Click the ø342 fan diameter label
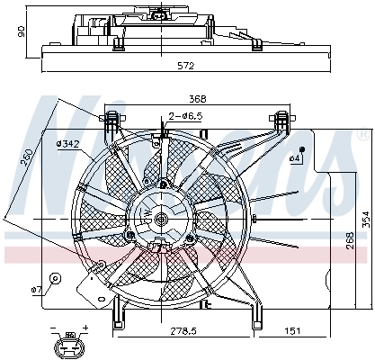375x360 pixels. point(67,144)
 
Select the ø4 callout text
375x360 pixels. point(294,158)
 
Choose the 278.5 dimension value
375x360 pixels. point(185,332)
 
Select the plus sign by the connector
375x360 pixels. point(85,327)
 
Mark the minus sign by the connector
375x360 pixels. point(52,327)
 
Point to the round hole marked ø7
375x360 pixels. point(55,278)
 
